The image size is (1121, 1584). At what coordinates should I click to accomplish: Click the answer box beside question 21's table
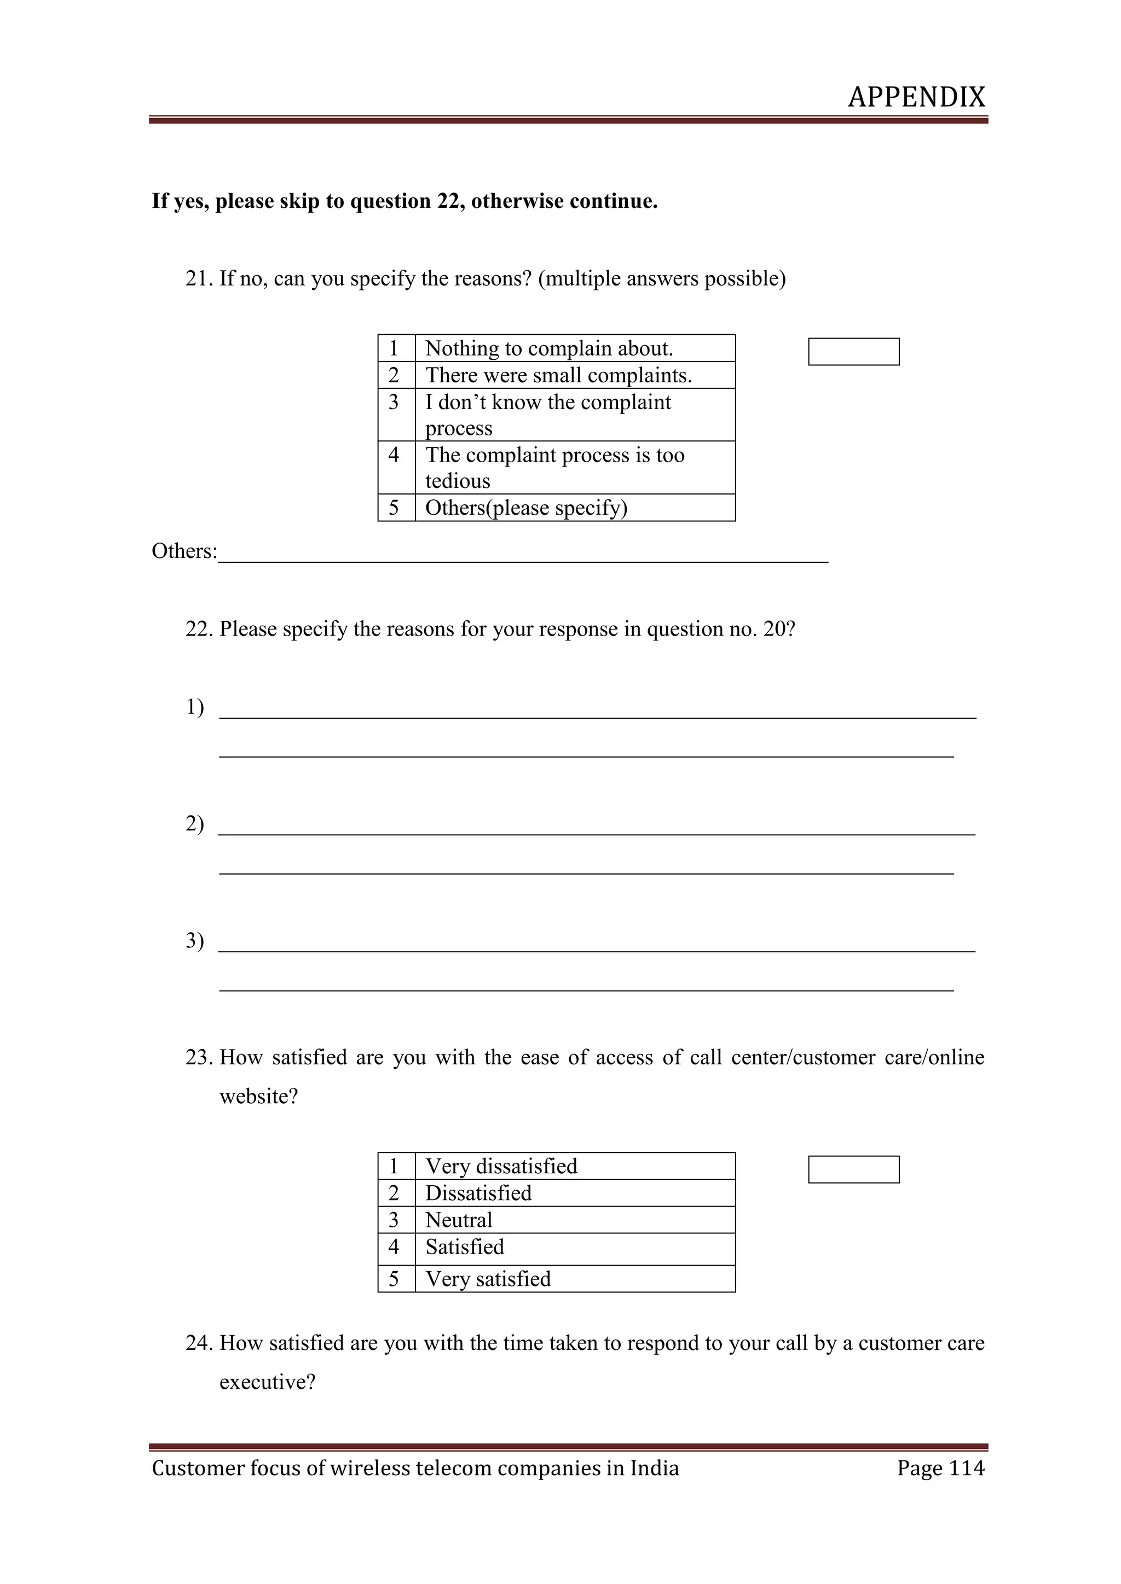click(x=853, y=351)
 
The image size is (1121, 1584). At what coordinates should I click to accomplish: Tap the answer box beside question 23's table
click(x=853, y=1169)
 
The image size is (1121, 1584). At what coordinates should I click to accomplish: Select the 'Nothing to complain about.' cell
click(x=574, y=348)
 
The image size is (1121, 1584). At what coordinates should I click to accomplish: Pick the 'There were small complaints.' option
click(x=574, y=375)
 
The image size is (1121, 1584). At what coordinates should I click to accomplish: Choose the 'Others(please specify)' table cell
click(x=574, y=508)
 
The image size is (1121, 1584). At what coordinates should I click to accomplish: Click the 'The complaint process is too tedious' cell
click(x=574, y=468)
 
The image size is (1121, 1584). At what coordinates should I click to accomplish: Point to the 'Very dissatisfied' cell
click(x=574, y=1166)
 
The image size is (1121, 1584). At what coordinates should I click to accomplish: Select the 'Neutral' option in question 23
click(x=574, y=1220)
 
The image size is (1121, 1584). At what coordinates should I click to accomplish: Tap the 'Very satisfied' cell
click(x=574, y=1278)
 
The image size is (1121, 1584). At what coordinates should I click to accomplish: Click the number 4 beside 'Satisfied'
click(x=394, y=1247)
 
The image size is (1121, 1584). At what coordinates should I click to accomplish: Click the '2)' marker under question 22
click(x=195, y=823)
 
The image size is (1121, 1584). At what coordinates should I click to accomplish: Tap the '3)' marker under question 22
click(x=195, y=940)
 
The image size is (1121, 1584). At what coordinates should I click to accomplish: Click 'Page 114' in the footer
click(x=940, y=1468)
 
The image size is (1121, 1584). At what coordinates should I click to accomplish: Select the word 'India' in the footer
click(x=655, y=1468)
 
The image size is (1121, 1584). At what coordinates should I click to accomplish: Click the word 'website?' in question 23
click(x=258, y=1096)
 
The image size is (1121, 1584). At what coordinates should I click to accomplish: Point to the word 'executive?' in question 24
click(x=267, y=1382)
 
